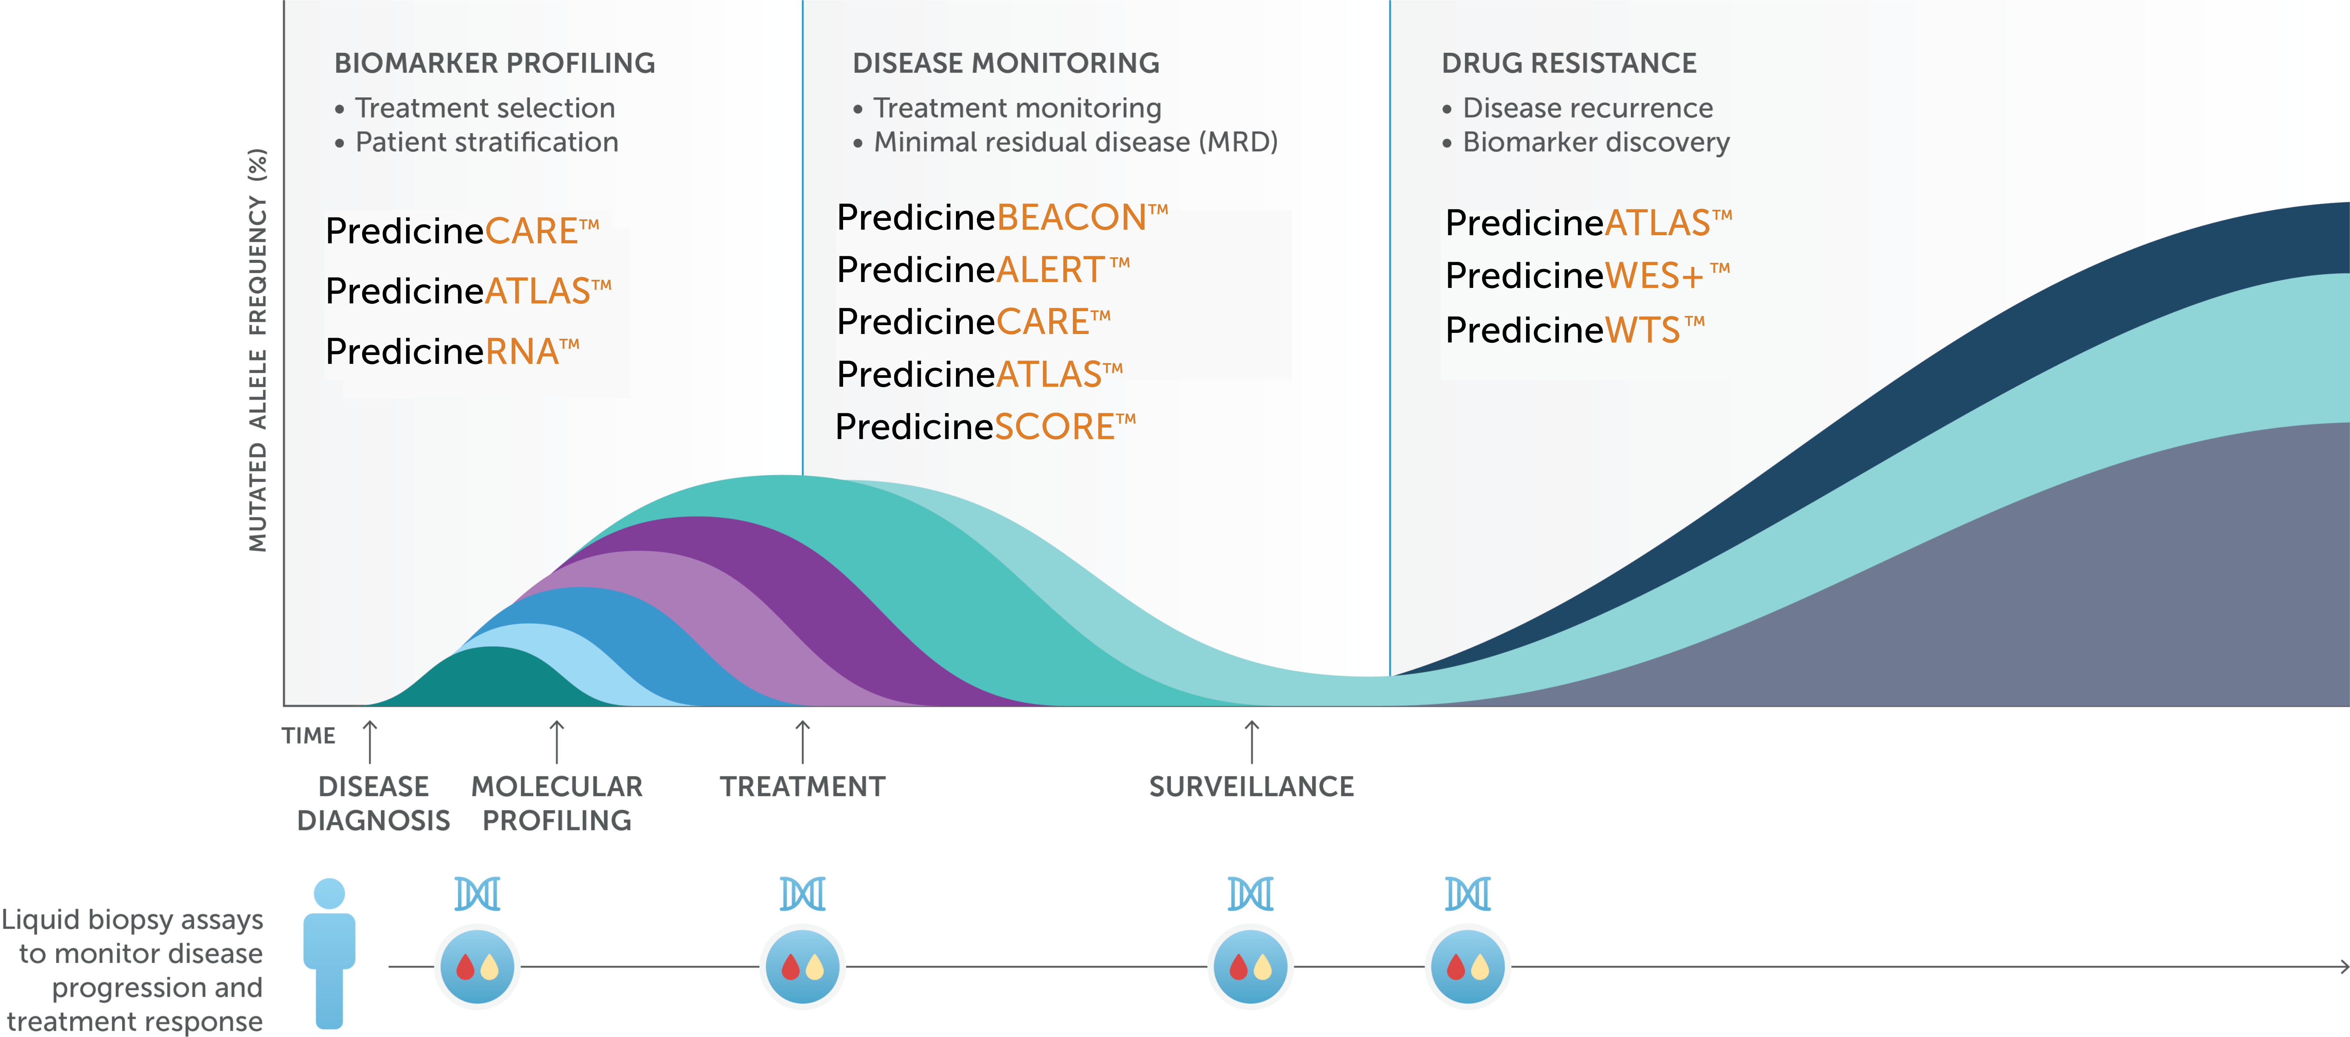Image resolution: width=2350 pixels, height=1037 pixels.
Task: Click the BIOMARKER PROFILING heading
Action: pos(495,63)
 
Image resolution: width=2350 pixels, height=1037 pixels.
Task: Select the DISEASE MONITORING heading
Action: pos(1005,63)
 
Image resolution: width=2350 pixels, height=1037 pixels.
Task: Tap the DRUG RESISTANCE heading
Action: pos(1568,63)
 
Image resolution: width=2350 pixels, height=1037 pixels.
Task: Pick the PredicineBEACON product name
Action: pos(1002,217)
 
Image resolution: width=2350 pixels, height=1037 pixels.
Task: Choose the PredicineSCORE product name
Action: pos(985,426)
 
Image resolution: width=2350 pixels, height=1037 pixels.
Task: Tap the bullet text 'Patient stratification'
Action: pos(486,142)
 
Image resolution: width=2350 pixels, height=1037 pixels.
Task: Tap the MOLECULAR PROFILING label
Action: pos(557,803)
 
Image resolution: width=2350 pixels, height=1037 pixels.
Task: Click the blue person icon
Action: pos(329,953)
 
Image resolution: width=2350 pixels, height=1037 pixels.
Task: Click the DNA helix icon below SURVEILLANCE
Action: pos(1251,894)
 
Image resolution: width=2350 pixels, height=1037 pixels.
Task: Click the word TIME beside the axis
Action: pos(308,735)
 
